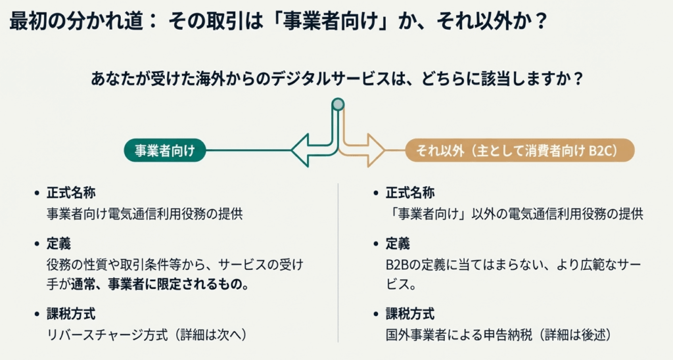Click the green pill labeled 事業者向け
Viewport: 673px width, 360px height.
[x=164, y=150]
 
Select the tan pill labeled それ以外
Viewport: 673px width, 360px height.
[x=520, y=150]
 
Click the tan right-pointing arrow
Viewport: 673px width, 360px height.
[x=368, y=150]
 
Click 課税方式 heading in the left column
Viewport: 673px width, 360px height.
[x=71, y=314]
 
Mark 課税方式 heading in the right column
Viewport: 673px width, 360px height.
[x=409, y=314]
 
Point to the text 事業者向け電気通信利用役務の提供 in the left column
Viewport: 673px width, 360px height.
[x=145, y=214]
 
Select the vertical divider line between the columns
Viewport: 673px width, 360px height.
[x=338, y=263]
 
